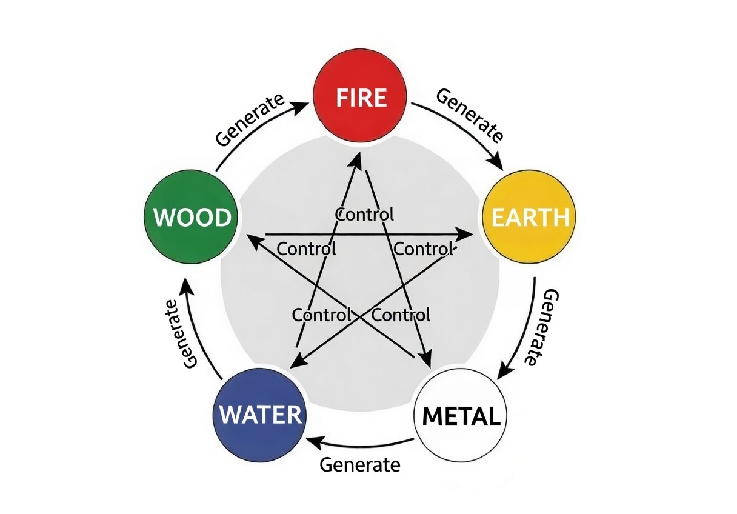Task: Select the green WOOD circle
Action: tap(191, 217)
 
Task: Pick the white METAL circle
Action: tap(461, 415)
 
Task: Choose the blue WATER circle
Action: tap(260, 415)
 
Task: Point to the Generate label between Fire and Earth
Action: tap(470, 115)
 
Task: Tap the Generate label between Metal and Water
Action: tap(360, 465)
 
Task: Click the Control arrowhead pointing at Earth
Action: tap(466, 233)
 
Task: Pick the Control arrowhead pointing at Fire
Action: tap(358, 159)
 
